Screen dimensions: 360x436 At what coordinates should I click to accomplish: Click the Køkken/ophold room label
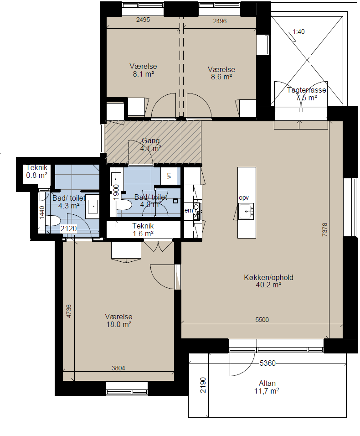(x=268, y=277)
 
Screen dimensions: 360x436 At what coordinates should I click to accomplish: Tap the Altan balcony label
(x=267, y=383)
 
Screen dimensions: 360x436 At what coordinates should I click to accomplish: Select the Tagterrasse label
(x=306, y=90)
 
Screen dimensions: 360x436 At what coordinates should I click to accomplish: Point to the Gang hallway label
(x=150, y=141)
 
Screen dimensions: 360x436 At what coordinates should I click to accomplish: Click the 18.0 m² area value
(x=118, y=324)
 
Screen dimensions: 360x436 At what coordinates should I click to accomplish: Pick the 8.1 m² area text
(x=144, y=74)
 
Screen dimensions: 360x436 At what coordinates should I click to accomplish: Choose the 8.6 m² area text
(x=221, y=77)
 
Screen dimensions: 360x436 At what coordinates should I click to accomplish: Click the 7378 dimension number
(x=324, y=229)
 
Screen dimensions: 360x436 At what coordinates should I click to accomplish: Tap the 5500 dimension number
(x=262, y=320)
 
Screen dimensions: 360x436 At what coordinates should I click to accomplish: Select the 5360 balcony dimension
(x=267, y=363)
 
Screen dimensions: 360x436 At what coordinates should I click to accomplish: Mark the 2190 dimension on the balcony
(x=203, y=385)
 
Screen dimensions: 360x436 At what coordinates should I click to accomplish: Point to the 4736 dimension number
(x=68, y=311)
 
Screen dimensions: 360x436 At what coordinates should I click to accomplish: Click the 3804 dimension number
(x=118, y=368)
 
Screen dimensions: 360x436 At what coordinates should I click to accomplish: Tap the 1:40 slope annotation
(x=298, y=32)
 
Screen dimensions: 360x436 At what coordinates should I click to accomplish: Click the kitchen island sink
(x=246, y=211)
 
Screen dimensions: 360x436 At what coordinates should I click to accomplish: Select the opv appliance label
(x=244, y=198)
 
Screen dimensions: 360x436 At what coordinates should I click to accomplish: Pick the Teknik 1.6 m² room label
(x=143, y=230)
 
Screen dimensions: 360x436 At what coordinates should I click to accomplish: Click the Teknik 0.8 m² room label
(x=36, y=171)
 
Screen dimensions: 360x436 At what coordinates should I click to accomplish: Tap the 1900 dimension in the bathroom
(x=116, y=192)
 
